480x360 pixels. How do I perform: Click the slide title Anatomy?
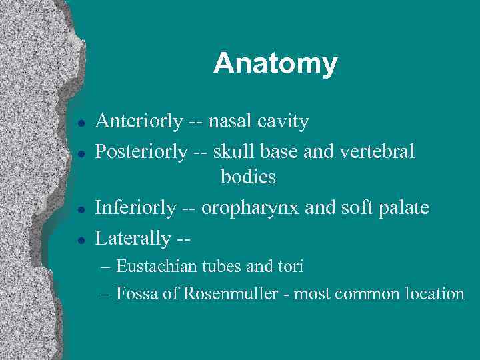275,64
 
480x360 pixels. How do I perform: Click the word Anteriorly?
139,121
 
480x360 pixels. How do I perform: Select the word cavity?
283,122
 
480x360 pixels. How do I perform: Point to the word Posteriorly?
141,152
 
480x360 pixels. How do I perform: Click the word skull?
231,152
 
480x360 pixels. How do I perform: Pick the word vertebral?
377,152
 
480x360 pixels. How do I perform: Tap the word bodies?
248,177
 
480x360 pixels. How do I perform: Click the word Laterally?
133,238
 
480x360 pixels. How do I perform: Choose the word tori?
291,267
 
